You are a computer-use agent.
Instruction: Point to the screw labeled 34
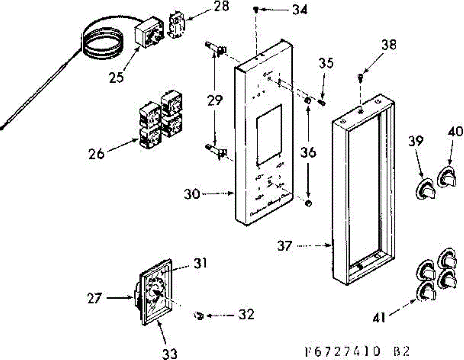tap(256, 10)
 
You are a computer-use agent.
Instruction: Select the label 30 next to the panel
tap(192, 194)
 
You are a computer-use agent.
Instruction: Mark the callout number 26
tap(96, 154)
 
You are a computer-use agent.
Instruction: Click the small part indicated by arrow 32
tap(198, 316)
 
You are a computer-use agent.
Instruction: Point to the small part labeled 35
tap(322, 103)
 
